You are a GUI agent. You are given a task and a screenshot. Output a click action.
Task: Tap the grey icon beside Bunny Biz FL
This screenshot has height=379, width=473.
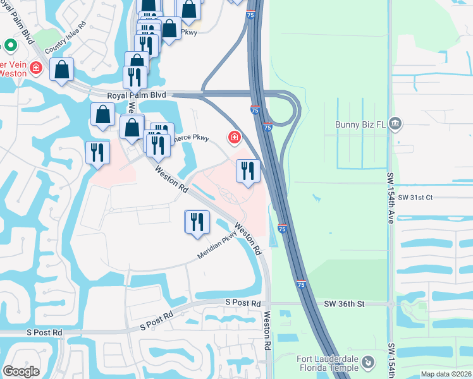click(396, 122)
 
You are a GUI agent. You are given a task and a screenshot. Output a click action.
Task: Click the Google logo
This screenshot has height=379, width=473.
click(21, 371)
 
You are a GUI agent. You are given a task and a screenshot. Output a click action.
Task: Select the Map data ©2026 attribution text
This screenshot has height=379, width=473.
click(446, 374)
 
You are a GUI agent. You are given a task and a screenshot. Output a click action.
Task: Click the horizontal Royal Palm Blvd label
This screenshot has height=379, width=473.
click(136, 95)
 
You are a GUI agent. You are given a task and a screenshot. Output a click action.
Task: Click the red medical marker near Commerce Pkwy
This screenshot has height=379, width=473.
click(235, 136)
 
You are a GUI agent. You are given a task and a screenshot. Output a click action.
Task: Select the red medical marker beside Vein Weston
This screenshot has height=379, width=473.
click(36, 67)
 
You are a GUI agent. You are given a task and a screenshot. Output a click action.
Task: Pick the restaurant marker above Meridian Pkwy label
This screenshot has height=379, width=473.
click(197, 222)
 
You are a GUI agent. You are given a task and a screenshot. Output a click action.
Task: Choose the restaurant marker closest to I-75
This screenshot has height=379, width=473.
click(247, 171)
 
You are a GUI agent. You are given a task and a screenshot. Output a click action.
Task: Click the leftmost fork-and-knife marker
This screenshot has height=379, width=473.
click(97, 152)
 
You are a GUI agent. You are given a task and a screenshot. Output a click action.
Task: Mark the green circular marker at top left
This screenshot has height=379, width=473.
click(9, 45)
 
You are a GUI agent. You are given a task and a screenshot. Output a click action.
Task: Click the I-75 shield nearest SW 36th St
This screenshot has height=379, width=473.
click(302, 285)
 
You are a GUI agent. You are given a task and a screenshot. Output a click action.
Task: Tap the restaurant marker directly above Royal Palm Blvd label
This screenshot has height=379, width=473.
click(135, 77)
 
